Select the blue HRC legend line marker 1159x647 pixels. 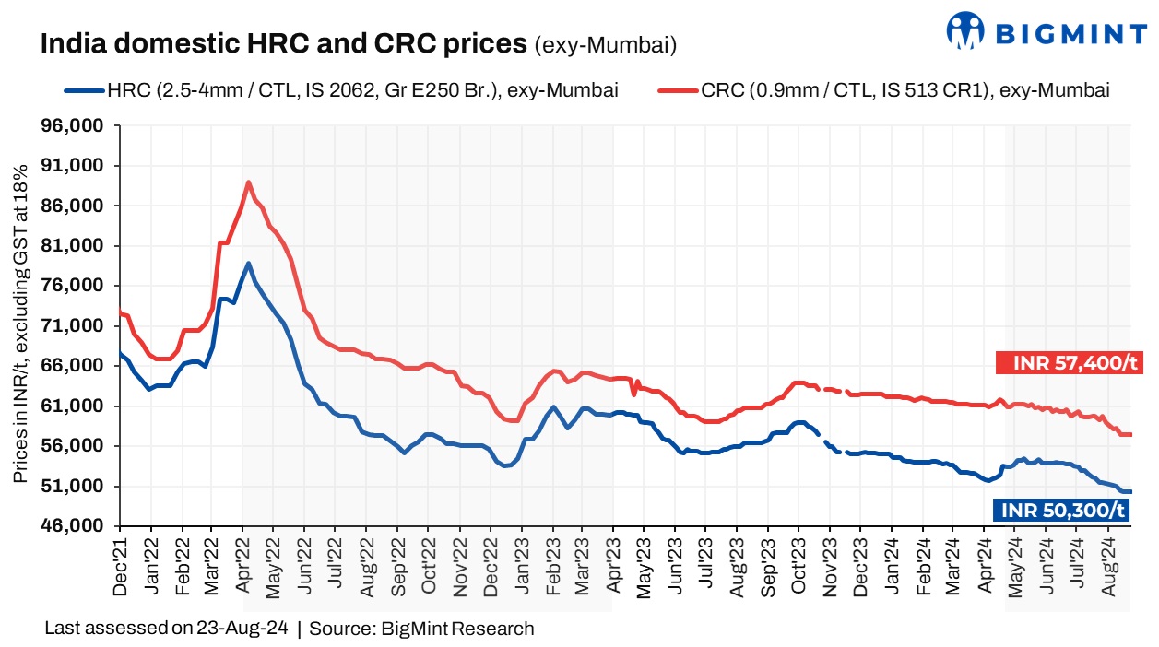pos(85,90)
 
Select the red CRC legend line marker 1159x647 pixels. pos(679,90)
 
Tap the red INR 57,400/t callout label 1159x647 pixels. pos(1070,363)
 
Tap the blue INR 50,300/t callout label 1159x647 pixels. pos(1060,510)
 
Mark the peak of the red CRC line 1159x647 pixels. pos(248,182)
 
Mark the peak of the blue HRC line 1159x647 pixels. pos(248,264)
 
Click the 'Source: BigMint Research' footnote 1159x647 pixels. pos(421,629)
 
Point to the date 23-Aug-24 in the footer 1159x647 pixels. pos(242,629)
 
